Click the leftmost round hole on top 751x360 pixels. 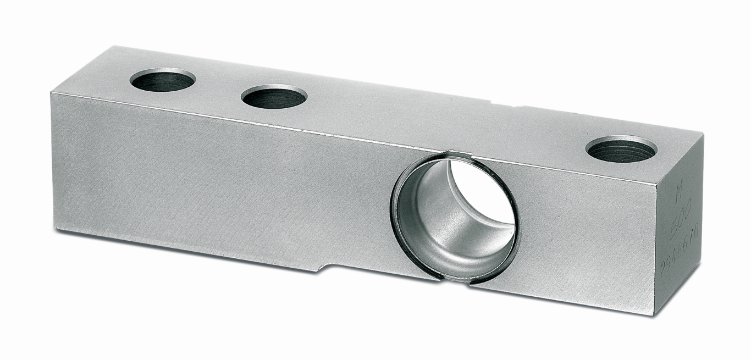click(163, 80)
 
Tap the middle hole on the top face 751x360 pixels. click(274, 97)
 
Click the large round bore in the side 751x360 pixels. click(454, 218)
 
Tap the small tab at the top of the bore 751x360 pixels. click(454, 155)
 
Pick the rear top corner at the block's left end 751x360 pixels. click(103, 46)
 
